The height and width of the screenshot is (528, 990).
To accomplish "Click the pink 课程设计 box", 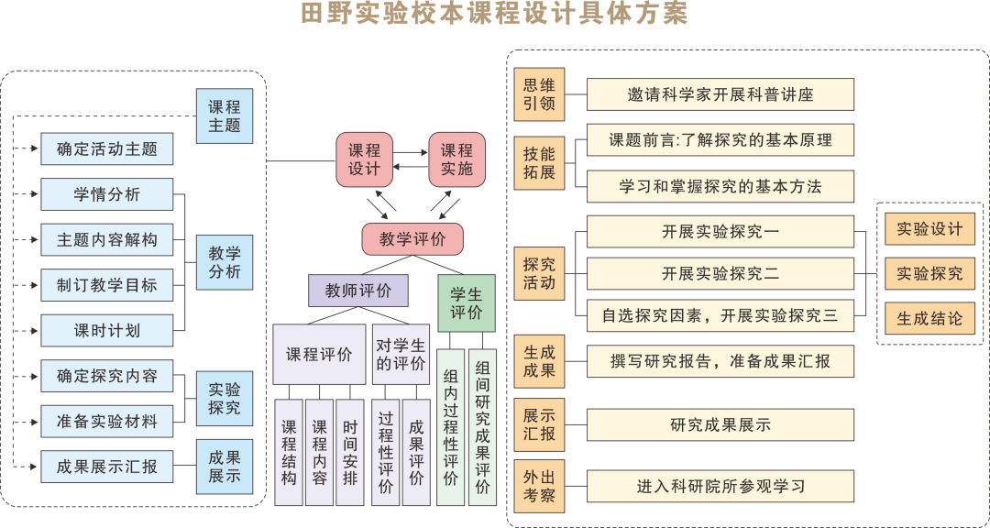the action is [x=364, y=159].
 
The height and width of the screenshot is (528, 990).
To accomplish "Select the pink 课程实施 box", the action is [x=457, y=159].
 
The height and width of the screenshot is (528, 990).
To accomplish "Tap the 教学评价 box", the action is [x=412, y=239].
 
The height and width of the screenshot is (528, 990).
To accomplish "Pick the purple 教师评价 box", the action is [x=358, y=291].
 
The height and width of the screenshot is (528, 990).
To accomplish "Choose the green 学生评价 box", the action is [x=467, y=303].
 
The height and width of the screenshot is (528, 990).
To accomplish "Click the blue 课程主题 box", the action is [x=225, y=116].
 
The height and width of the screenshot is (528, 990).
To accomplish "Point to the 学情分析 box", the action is [x=106, y=194].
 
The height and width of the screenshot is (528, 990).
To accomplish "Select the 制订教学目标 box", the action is [x=106, y=285].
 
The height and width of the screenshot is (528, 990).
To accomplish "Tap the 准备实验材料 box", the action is [x=106, y=422].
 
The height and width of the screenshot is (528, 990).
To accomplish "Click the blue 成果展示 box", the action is [x=225, y=467].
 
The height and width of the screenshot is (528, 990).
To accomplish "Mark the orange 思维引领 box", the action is [x=539, y=94].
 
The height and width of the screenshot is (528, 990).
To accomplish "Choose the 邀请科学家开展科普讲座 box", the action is [x=720, y=94].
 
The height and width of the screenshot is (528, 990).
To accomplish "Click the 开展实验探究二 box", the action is [x=720, y=273].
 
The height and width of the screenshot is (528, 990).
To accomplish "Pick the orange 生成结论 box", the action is [x=929, y=318].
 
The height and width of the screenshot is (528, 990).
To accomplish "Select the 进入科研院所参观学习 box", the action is [x=720, y=487].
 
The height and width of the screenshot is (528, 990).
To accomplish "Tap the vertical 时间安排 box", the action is [x=350, y=452].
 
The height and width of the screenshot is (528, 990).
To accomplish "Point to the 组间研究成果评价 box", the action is [x=482, y=427].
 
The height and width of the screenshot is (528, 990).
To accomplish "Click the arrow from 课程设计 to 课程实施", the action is [x=411, y=152].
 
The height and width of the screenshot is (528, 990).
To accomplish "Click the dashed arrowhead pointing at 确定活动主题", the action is [x=36, y=149].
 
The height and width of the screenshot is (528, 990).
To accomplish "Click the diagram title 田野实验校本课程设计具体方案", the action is [x=494, y=14].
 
